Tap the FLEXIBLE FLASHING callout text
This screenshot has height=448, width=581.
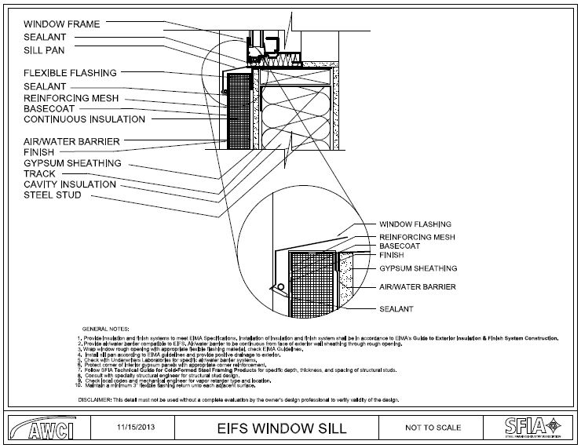pyautogui.click(x=70, y=73)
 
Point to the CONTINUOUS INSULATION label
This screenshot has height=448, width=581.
pyautogui.click(x=84, y=119)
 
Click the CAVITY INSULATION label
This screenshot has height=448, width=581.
pyautogui.click(x=70, y=184)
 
